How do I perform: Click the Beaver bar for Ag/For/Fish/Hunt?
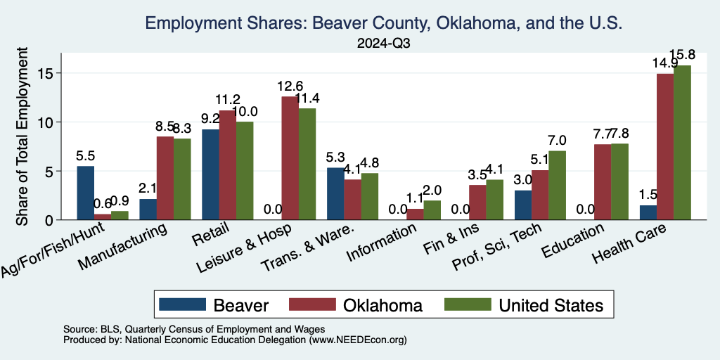click(x=85, y=193)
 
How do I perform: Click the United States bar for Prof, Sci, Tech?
click(x=557, y=185)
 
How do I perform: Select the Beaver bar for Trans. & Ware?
click(x=335, y=193)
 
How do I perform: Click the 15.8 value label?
click(x=683, y=54)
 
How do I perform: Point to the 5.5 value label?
click(x=85, y=154)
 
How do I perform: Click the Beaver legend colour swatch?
click(x=182, y=305)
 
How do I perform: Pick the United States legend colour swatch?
click(x=468, y=305)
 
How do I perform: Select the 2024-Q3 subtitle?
click(x=382, y=44)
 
